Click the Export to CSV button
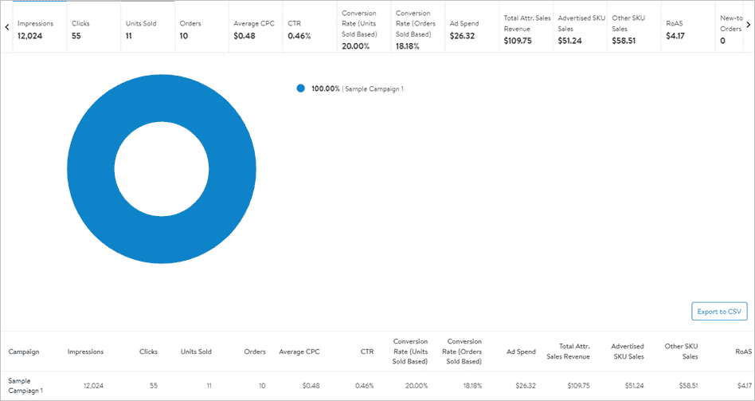(x=719, y=312)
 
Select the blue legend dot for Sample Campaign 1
(x=300, y=88)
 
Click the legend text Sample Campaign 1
(x=374, y=88)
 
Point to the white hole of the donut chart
(x=162, y=169)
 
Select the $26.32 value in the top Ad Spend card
(x=463, y=36)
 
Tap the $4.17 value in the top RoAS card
(x=675, y=36)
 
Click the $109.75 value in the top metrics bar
(x=518, y=41)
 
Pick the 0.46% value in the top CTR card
(x=299, y=36)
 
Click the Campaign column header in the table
(x=24, y=352)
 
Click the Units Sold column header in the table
(x=196, y=352)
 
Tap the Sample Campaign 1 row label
(x=25, y=386)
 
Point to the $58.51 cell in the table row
(x=686, y=386)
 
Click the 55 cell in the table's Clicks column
(x=153, y=386)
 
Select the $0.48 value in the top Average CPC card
(x=244, y=36)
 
